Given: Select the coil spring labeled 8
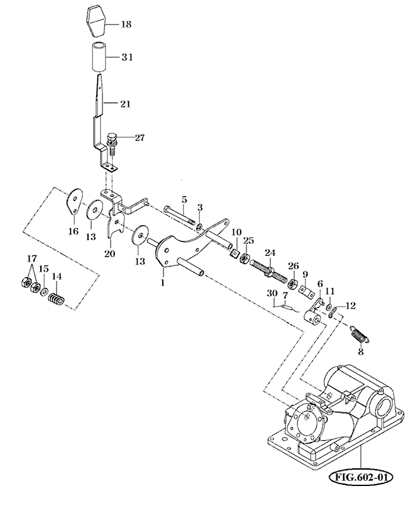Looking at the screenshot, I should (x=359, y=335).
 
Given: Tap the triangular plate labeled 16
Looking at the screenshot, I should (x=74, y=201).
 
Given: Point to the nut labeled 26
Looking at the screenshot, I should (x=293, y=279).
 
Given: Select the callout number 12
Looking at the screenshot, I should (x=351, y=306).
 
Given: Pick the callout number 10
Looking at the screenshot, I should (x=236, y=232).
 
